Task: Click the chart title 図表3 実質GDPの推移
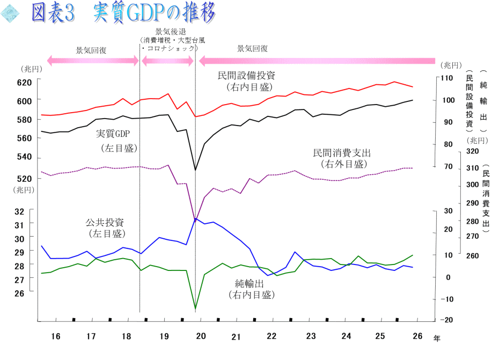(x=123, y=13)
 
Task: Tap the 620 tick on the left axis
(x=25, y=83)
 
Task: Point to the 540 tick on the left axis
(x=25, y=157)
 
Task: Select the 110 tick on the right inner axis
(x=447, y=78)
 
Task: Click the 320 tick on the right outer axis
(x=472, y=151)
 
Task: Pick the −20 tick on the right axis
(x=447, y=320)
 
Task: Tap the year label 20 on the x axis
(x=201, y=336)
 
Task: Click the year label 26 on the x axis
(x=417, y=336)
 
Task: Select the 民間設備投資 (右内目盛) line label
(x=247, y=81)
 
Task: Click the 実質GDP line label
(x=113, y=134)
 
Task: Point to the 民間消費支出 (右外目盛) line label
(x=342, y=158)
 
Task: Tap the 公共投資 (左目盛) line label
(x=105, y=228)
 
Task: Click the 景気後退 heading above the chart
(x=171, y=32)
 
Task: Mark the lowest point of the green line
(x=195, y=308)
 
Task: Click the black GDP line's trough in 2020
(x=195, y=170)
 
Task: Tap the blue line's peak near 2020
(x=195, y=219)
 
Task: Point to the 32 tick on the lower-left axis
(x=19, y=212)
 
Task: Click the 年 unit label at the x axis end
(x=437, y=339)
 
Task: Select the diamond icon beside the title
(x=10, y=13)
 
